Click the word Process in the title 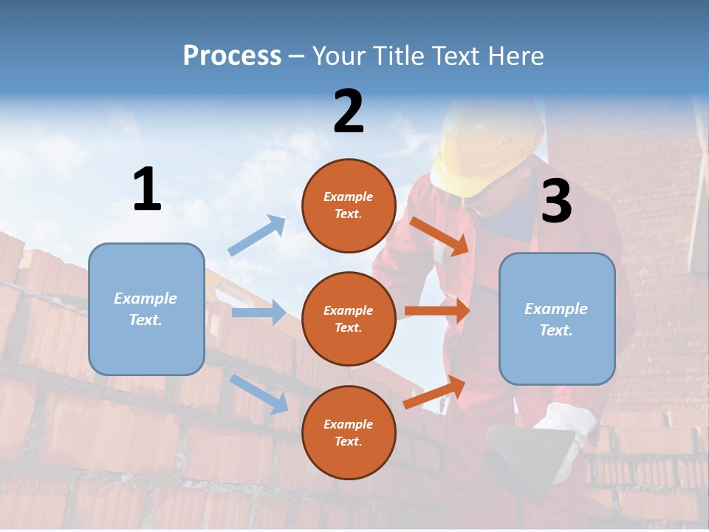click(232, 55)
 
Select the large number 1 click(147, 190)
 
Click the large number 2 click(349, 112)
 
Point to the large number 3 click(556, 201)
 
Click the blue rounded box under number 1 click(146, 309)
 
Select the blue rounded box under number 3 click(557, 318)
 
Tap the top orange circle click(349, 205)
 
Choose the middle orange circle click(349, 318)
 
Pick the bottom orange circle click(349, 432)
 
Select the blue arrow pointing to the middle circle click(258, 313)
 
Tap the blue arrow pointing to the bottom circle click(259, 394)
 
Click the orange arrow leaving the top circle click(440, 236)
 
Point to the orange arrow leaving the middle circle click(437, 311)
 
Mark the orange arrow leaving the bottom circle click(435, 392)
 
